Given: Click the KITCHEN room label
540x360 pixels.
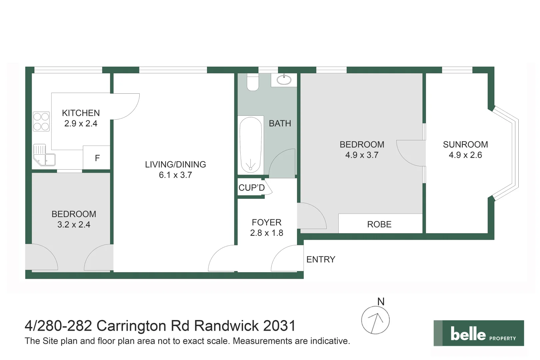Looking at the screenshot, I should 81,113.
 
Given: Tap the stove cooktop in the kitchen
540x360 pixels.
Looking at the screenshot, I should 41,121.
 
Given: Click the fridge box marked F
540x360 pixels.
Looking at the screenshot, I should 97,158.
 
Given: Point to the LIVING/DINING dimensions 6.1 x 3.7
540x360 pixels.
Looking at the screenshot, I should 175,175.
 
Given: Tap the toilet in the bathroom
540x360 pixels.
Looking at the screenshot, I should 253,82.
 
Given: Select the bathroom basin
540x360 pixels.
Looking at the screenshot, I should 284,80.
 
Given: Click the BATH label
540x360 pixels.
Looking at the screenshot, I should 280,123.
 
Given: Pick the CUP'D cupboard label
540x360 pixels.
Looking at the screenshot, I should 251,188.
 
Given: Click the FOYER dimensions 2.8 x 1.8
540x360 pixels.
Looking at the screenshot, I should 266,233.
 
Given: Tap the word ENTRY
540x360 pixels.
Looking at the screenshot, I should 321,259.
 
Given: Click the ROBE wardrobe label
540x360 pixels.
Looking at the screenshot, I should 379,224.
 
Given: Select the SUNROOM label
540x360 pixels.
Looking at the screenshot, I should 465,144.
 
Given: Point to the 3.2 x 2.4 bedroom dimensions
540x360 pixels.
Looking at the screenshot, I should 74,225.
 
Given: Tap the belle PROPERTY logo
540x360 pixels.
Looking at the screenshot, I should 478,333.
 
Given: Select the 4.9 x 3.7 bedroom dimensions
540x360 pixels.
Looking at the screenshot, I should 362,155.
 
